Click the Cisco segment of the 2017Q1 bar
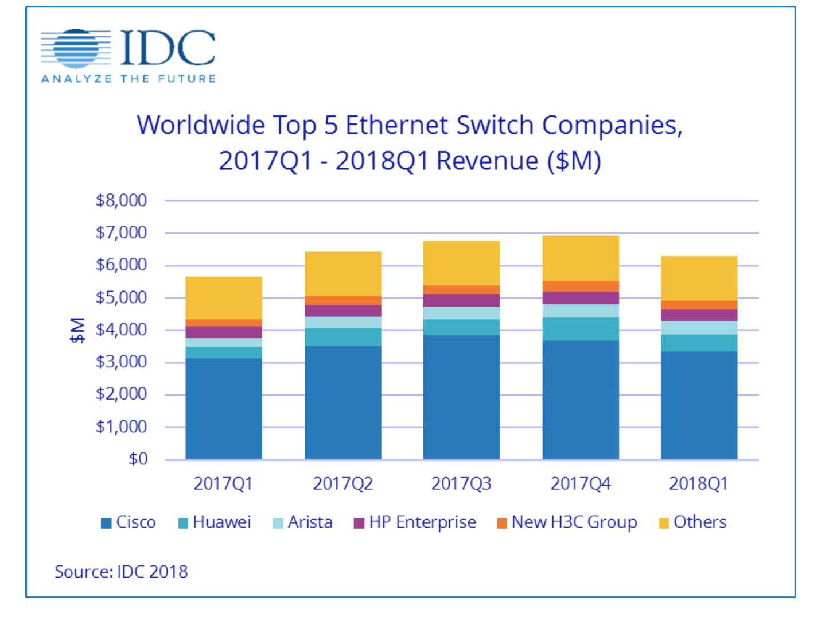tap(224, 409)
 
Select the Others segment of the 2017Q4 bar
tap(581, 258)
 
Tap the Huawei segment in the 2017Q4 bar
tap(581, 329)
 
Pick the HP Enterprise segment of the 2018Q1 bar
tap(699, 315)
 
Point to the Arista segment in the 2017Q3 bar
tap(461, 313)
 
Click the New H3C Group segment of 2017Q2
tap(343, 300)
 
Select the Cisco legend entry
tap(129, 522)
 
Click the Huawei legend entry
tap(215, 522)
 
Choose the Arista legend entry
tap(303, 522)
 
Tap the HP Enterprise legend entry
tap(415, 522)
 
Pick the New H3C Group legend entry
tap(567, 522)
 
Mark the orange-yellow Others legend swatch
tap(664, 524)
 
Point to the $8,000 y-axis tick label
tap(121, 200)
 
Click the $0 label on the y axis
tap(138, 459)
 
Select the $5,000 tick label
tap(121, 297)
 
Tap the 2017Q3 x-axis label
tap(461, 484)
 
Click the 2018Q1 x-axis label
tap(698, 484)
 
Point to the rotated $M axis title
tap(77, 330)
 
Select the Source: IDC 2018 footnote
tap(121, 572)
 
